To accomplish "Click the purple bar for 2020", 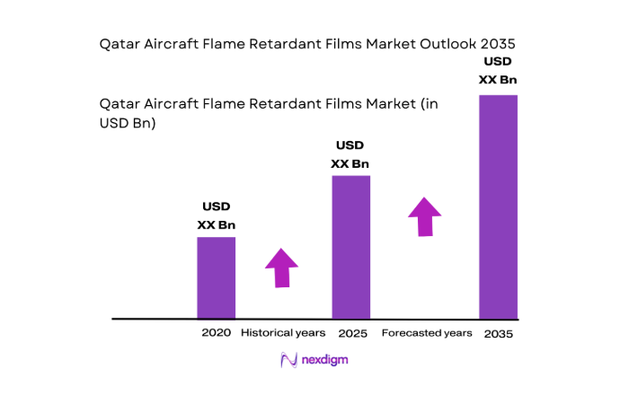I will click(217, 277).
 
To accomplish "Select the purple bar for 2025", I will click(350, 247).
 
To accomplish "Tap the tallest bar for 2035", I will click(498, 206).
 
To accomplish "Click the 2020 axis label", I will click(217, 333).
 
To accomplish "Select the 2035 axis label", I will click(499, 334).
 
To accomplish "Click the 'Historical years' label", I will click(283, 333).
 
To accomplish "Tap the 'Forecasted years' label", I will click(427, 333).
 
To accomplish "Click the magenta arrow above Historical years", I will click(281, 267).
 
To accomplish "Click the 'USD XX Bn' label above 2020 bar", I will click(217, 216).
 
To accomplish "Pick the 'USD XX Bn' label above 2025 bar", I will click(350, 154).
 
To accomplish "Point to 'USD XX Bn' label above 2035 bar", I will click(499, 71).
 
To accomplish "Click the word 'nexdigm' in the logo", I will click(324, 360).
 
